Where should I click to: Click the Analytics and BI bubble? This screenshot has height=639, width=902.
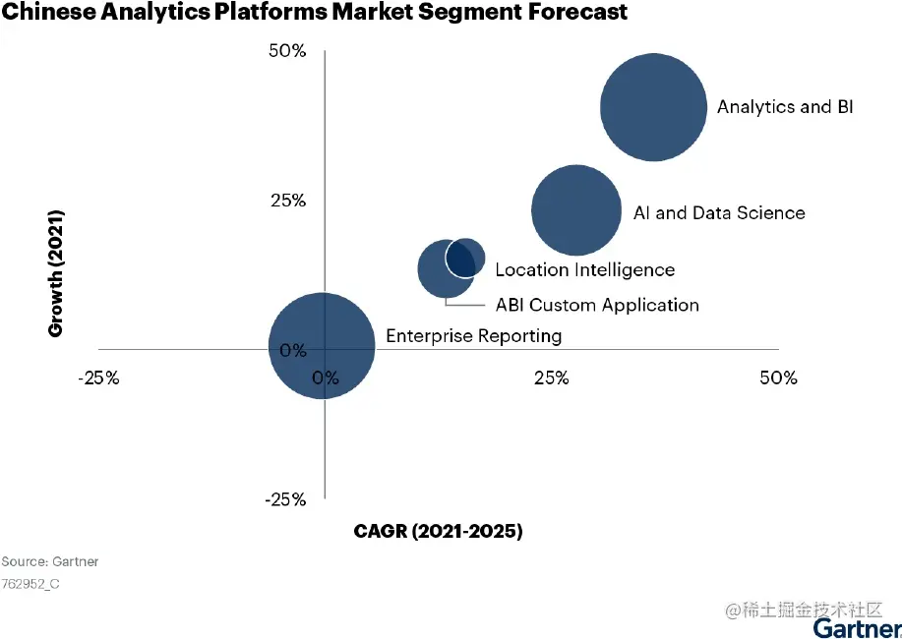pos(653,107)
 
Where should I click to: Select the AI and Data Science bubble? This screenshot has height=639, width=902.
pos(575,209)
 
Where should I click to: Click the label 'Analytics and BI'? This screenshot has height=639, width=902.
pos(784,107)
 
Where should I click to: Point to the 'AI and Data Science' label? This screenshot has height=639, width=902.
pos(718,213)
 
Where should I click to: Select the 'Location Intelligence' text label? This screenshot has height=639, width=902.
pos(584,270)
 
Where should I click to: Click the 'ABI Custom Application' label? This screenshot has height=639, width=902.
pos(597,305)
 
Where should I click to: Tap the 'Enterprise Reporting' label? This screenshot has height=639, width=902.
pos(473,336)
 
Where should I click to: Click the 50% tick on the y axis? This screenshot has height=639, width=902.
pos(288,51)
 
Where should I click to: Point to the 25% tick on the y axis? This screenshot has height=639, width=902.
pos(288,201)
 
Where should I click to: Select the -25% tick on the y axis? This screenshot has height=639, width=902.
pos(285,499)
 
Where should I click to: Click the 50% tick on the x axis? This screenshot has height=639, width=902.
pos(778,378)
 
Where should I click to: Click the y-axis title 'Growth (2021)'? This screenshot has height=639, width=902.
pos(56,273)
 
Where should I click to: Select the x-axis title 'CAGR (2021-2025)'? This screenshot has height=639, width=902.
pos(438,532)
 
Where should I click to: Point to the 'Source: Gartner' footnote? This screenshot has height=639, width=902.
pos(50,561)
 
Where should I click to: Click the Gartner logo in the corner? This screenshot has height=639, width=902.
pos(857,628)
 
